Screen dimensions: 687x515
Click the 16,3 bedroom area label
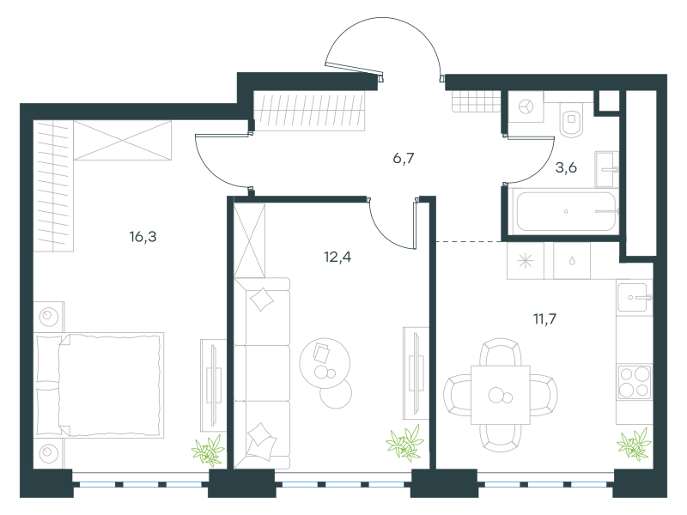(143, 237)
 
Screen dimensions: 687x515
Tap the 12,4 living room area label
(337, 257)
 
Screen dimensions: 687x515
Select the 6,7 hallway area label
(404, 158)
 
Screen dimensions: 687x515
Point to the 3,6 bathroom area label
(566, 167)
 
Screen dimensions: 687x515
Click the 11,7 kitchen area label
(544, 318)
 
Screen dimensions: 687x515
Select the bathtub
(566, 211)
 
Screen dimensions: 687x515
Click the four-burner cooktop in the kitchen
(634, 382)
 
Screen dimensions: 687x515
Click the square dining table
(501, 395)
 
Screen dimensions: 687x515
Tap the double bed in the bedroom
(99, 385)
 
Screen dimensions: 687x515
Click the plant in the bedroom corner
(208, 450)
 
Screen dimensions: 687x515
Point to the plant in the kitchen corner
(634, 444)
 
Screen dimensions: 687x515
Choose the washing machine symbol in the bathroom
(526, 106)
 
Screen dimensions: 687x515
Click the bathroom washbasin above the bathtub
(606, 169)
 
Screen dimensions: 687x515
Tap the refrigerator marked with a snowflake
(526, 261)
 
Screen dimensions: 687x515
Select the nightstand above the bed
(49, 316)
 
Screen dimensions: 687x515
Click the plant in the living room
(404, 443)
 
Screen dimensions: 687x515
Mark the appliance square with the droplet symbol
(572, 261)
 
